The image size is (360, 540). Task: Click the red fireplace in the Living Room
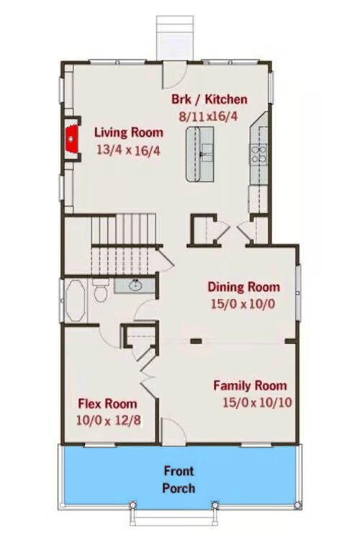click(71, 139)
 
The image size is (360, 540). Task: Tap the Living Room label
click(129, 132)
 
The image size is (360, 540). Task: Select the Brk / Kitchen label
click(210, 99)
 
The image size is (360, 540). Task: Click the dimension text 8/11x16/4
click(208, 117)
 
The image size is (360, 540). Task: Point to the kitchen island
click(199, 154)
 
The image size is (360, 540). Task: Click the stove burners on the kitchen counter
click(258, 154)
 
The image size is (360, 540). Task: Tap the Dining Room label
click(243, 287)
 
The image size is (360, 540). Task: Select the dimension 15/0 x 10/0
click(243, 305)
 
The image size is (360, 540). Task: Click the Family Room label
click(250, 385)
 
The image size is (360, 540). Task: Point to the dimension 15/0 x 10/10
click(257, 402)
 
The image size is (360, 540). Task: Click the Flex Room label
click(107, 404)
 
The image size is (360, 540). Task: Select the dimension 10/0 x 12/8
click(109, 420)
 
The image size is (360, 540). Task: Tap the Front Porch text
click(179, 480)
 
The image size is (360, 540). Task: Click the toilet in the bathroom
click(101, 291)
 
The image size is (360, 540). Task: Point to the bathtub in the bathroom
click(75, 301)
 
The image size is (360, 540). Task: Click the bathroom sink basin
click(135, 285)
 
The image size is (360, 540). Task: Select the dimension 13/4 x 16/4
click(128, 150)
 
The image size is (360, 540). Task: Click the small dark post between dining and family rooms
click(197, 341)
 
